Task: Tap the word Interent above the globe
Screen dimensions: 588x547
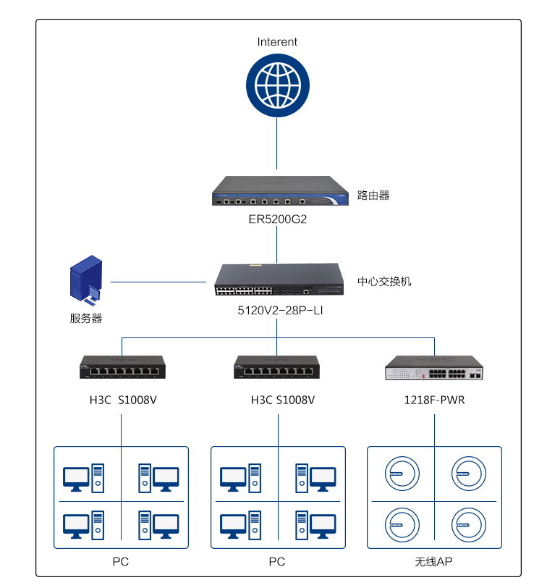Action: point(277,42)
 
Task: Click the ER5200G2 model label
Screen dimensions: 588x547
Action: point(278,219)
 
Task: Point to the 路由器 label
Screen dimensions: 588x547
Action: point(373,196)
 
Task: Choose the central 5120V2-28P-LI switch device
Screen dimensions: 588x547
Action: point(278,280)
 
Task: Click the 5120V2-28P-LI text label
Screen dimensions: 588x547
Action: point(278,310)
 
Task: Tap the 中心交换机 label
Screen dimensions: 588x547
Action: point(384,281)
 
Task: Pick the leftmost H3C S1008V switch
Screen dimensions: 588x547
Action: point(122,367)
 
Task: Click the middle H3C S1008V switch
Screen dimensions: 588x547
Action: point(277,367)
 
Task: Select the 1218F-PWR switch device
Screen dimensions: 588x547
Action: point(434,369)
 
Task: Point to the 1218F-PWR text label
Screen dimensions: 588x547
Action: point(434,400)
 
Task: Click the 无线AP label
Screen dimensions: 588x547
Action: point(434,562)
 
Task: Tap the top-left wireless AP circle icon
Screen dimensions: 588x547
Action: point(402,474)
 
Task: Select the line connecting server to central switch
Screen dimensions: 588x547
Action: point(159,281)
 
